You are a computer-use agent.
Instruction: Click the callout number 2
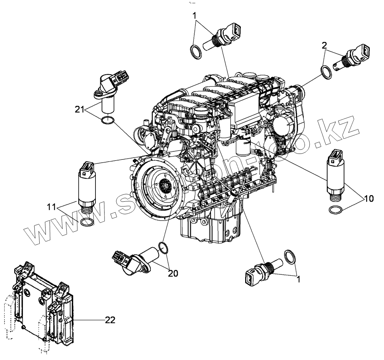tap(324, 45)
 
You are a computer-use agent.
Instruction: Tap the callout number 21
tap(81, 109)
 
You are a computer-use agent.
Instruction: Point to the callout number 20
tap(173, 273)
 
